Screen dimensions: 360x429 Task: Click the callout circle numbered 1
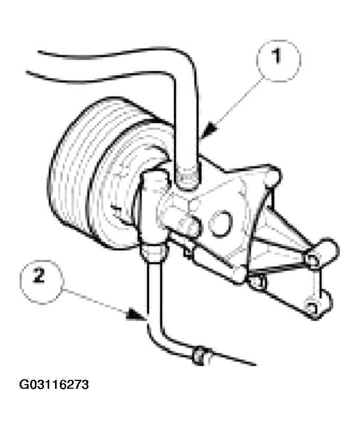278,60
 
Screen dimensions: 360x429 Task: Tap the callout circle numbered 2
42,282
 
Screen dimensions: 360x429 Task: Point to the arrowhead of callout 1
210,130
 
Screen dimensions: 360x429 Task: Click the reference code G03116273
54,385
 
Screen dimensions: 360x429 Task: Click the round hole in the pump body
220,224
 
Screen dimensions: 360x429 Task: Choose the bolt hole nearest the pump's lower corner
257,282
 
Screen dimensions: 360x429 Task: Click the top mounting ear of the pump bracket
271,175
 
